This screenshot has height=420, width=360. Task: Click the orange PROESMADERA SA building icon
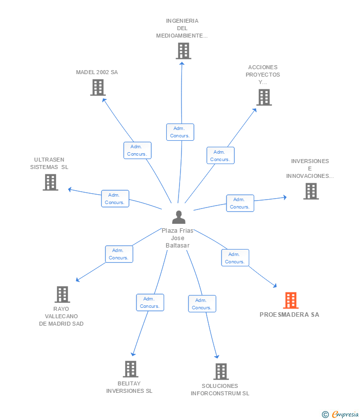(291, 300)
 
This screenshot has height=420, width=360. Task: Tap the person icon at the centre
(179, 217)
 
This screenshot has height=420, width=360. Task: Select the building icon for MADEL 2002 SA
(98, 87)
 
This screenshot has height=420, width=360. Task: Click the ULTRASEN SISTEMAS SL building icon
(50, 182)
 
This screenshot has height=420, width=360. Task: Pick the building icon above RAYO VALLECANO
(62, 294)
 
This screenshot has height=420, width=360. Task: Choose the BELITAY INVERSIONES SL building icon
(131, 369)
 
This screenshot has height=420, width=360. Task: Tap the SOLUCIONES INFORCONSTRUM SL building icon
(221, 372)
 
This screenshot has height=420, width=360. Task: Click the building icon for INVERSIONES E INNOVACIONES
(311, 191)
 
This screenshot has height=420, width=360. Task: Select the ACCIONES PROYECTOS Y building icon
(264, 97)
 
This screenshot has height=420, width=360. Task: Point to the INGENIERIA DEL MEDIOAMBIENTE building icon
(183, 51)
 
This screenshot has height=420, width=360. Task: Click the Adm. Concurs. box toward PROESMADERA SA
(235, 258)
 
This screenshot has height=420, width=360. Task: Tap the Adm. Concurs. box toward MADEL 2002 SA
(137, 150)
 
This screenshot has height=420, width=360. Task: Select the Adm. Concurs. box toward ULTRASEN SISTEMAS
(115, 199)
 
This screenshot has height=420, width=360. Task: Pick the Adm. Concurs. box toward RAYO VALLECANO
(119, 254)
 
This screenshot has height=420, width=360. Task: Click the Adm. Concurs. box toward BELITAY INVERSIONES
(150, 302)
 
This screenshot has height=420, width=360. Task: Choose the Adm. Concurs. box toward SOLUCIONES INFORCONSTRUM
(202, 304)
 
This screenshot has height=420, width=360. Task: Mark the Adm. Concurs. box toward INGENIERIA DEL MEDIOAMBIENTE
(180, 132)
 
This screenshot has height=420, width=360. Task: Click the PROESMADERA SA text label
(289, 315)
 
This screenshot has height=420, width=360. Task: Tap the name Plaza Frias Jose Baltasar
(178, 238)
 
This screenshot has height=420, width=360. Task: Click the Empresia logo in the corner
(341, 414)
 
